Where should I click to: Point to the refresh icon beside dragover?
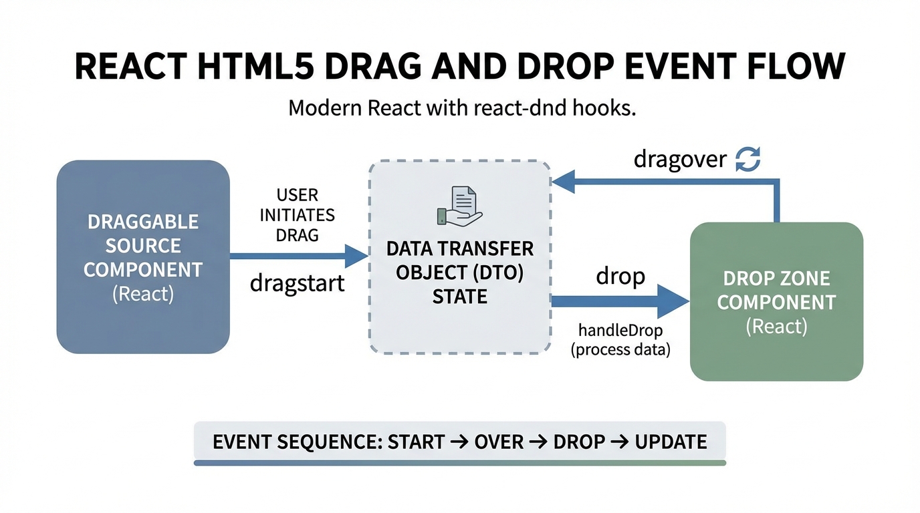click(747, 160)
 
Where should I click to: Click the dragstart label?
click(297, 283)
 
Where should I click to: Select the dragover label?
click(680, 160)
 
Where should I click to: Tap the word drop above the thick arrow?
click(620, 276)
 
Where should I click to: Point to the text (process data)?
click(620, 349)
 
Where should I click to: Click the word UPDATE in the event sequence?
click(671, 442)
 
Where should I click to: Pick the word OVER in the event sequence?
click(499, 442)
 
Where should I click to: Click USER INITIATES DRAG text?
click(297, 215)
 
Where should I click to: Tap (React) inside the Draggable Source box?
click(143, 294)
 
